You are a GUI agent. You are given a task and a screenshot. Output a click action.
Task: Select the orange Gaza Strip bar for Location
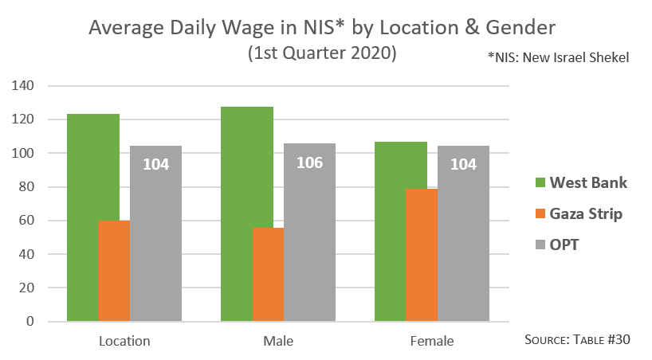[114, 271]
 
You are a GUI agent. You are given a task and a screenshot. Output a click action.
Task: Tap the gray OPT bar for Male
[309, 239]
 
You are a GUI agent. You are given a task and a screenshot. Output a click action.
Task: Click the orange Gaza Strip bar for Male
[268, 274]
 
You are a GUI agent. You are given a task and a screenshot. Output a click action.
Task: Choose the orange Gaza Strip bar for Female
[422, 255]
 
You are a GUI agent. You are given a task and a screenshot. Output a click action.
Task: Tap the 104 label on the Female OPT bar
[463, 165]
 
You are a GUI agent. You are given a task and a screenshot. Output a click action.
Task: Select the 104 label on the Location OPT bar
[155, 165]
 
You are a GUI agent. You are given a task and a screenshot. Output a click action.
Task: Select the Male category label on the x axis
[278, 341]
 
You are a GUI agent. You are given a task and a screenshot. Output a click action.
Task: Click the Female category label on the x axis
[432, 341]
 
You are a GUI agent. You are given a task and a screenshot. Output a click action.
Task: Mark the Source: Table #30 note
[578, 339]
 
